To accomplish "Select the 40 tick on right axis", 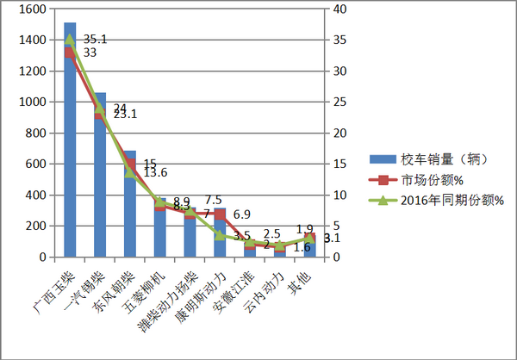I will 339,9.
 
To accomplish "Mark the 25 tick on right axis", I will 339,102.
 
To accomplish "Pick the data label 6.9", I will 241,214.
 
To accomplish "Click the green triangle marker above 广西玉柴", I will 70,39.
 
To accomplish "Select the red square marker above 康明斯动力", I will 220,214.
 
